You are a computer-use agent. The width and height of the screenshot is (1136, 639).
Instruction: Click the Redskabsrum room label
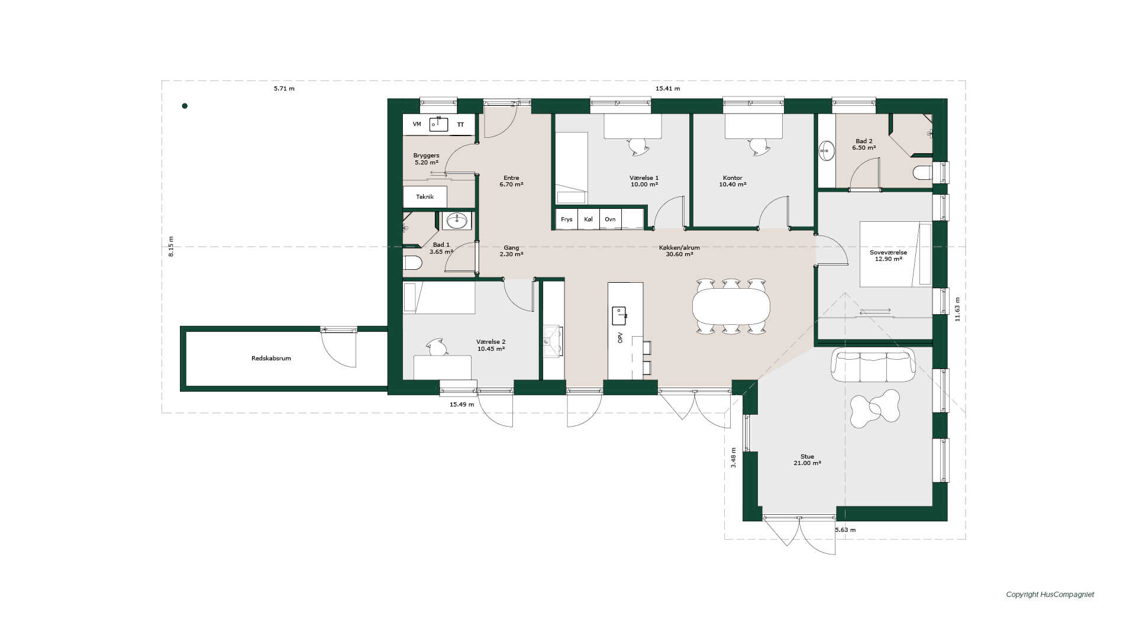[x=271, y=359]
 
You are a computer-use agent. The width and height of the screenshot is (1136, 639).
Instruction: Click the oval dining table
[x=731, y=306]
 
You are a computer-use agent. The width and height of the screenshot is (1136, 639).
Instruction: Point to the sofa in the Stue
[x=873, y=365]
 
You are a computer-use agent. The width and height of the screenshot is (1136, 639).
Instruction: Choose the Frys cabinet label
[x=567, y=220]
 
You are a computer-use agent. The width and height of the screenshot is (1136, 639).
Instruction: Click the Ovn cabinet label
[x=610, y=220]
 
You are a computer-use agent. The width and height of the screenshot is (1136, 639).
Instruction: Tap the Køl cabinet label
[x=588, y=220]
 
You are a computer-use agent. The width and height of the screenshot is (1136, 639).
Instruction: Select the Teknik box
[x=425, y=197]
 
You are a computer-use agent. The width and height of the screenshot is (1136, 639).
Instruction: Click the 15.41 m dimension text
[x=667, y=89]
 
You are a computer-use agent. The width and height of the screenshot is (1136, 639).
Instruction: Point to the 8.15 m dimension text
[x=172, y=246]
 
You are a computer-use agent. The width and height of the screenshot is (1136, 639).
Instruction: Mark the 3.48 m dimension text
[x=734, y=457]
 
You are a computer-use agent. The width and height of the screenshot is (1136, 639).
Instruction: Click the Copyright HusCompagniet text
[x=1050, y=595]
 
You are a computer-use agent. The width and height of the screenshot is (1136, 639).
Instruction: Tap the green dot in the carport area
[x=185, y=106]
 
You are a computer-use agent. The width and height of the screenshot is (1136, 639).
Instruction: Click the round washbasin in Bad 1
[x=457, y=221]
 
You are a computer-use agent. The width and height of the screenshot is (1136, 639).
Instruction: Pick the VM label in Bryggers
[x=417, y=124]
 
